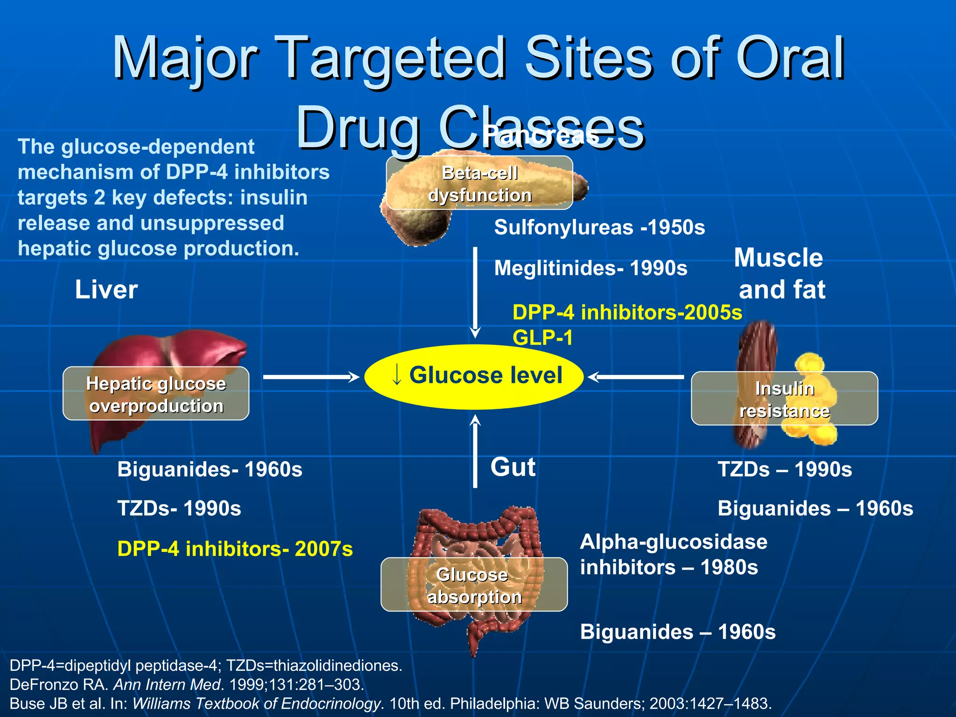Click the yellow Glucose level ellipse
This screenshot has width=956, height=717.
pyautogui.click(x=473, y=376)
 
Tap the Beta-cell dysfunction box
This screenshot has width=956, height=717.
pyautogui.click(x=479, y=183)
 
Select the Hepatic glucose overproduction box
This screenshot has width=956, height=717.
pyautogui.click(x=156, y=394)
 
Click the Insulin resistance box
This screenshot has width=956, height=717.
pyautogui.click(x=784, y=399)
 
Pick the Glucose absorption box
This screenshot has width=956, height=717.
pyautogui.click(x=474, y=585)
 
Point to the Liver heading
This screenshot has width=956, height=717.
pyautogui.click(x=106, y=289)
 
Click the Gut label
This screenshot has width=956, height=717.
pyautogui.click(x=513, y=467)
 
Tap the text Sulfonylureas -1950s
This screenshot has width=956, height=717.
pyautogui.click(x=599, y=228)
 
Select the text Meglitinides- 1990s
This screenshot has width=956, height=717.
pyautogui.click(x=590, y=268)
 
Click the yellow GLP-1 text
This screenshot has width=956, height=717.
pyautogui.click(x=542, y=337)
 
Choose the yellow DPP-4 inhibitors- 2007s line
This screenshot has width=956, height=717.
pyautogui.click(x=235, y=549)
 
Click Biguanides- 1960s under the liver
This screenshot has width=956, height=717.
pyautogui.click(x=210, y=470)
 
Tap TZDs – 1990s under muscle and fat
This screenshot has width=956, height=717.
pyautogui.click(x=784, y=470)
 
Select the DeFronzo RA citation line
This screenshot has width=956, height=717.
pyautogui.click(x=187, y=685)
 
